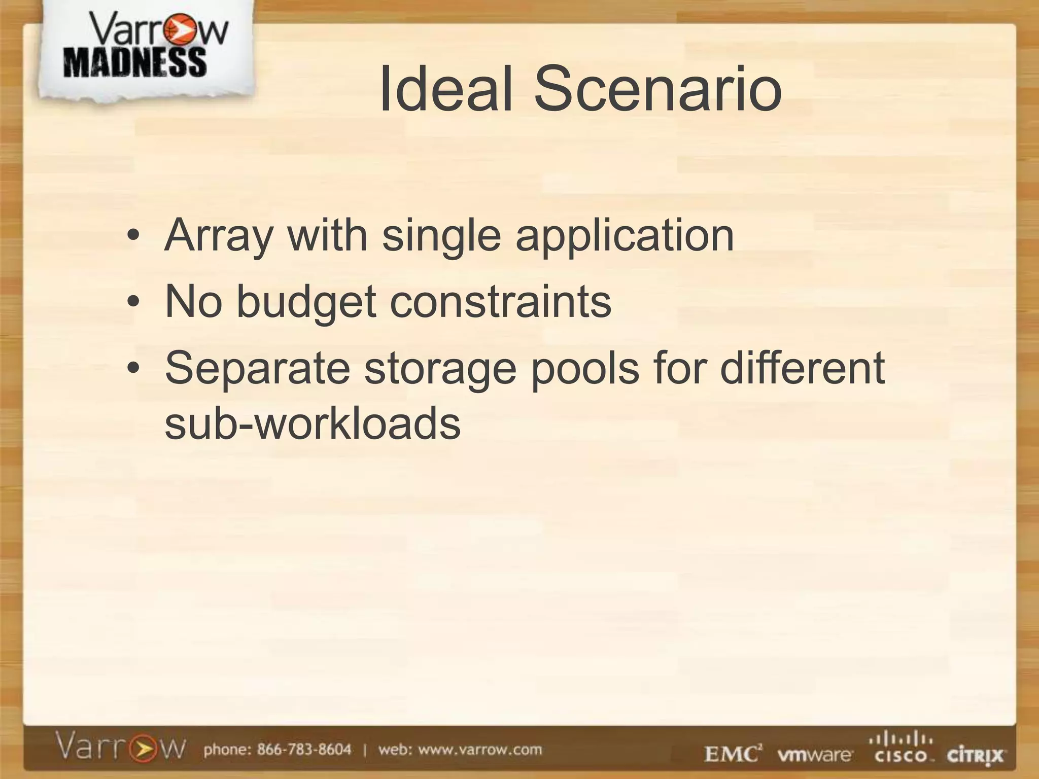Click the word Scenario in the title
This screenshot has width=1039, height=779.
(657, 89)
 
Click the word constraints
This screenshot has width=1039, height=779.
(500, 302)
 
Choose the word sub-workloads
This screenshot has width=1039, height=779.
(313, 423)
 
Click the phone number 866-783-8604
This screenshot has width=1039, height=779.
(304, 750)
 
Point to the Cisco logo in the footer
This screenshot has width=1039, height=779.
(901, 749)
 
